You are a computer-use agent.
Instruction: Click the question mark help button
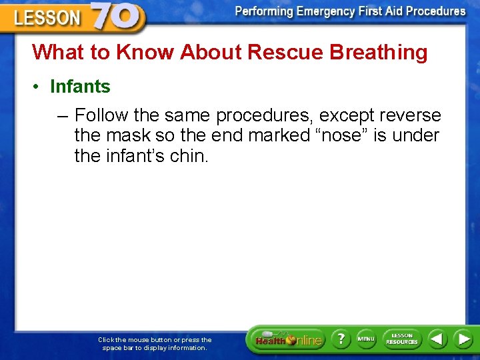[x=341, y=339]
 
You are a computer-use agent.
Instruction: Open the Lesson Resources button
[x=402, y=339]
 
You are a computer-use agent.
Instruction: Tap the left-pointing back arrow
[x=437, y=339]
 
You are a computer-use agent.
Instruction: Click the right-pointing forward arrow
[x=463, y=339]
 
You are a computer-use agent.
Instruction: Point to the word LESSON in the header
[x=47, y=18]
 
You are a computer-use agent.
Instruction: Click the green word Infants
[x=80, y=87]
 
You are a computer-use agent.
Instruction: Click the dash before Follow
[x=63, y=116]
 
